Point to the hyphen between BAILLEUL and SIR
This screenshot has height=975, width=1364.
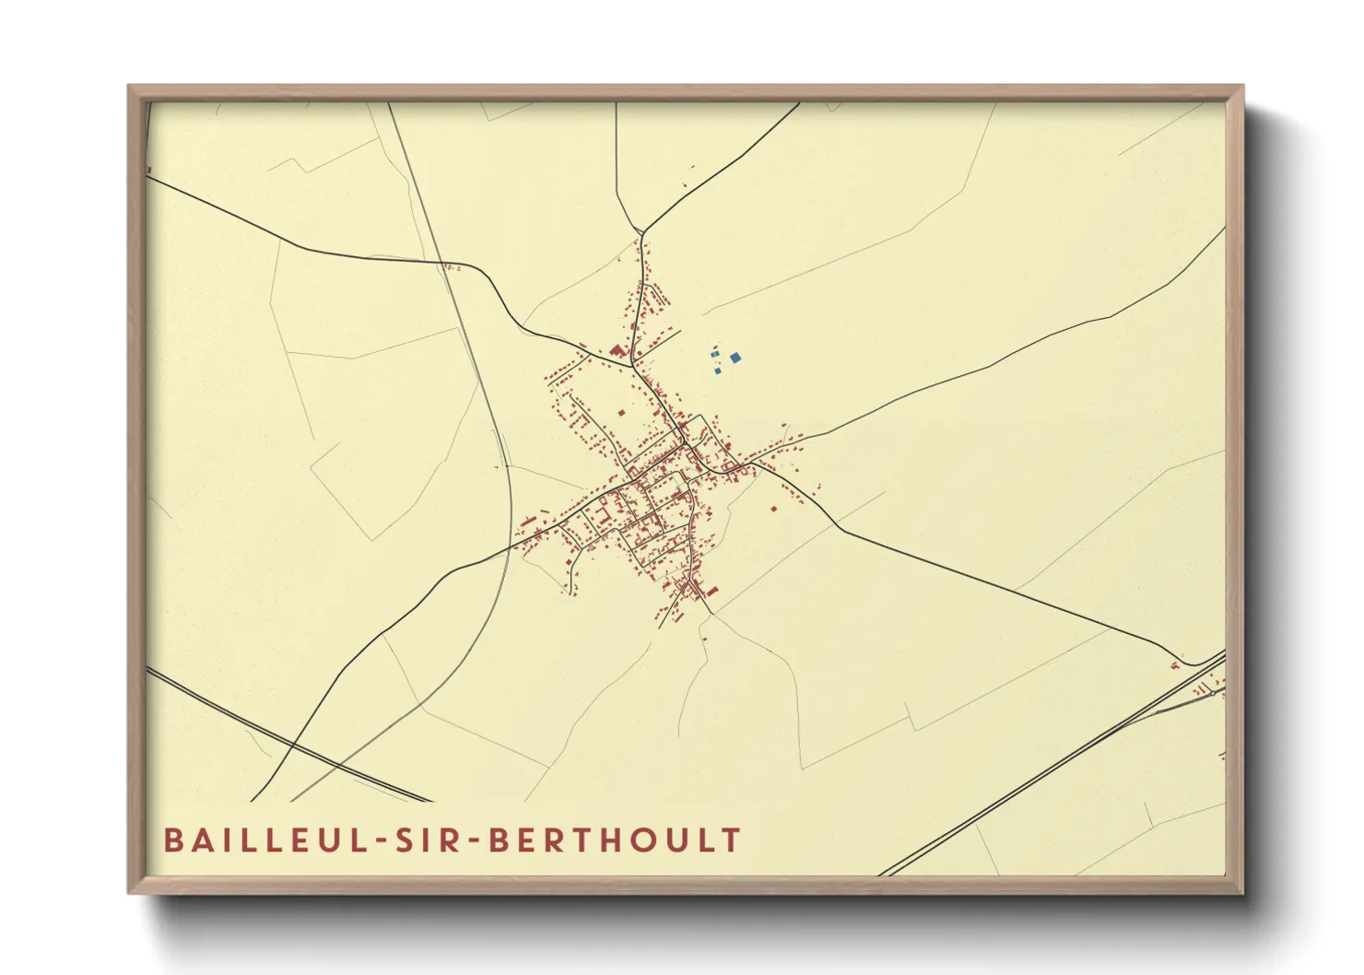(x=381, y=841)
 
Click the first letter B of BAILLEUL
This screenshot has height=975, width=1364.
(x=172, y=840)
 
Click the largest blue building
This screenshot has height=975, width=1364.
(x=735, y=358)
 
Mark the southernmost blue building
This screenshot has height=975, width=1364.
(x=718, y=370)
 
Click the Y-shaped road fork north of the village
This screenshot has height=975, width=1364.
(x=640, y=232)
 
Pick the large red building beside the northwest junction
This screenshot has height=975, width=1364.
(x=616, y=350)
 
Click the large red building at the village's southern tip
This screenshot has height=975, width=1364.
(x=711, y=591)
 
